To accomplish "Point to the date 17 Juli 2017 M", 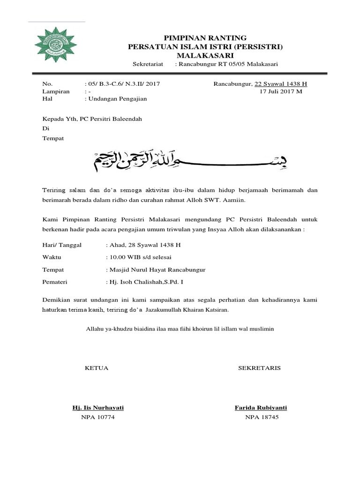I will coord(281,91).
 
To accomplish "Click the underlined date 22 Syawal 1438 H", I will coord(280,84).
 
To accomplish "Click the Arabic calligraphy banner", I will coord(198,162).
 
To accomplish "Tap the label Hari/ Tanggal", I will coord(62,245).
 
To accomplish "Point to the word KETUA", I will coord(96,368).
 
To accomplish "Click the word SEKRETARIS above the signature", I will coord(259,368).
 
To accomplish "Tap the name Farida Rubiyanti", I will coord(261,408).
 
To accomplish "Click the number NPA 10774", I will coord(97,417).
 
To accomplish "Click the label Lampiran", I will coord(56,91).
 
